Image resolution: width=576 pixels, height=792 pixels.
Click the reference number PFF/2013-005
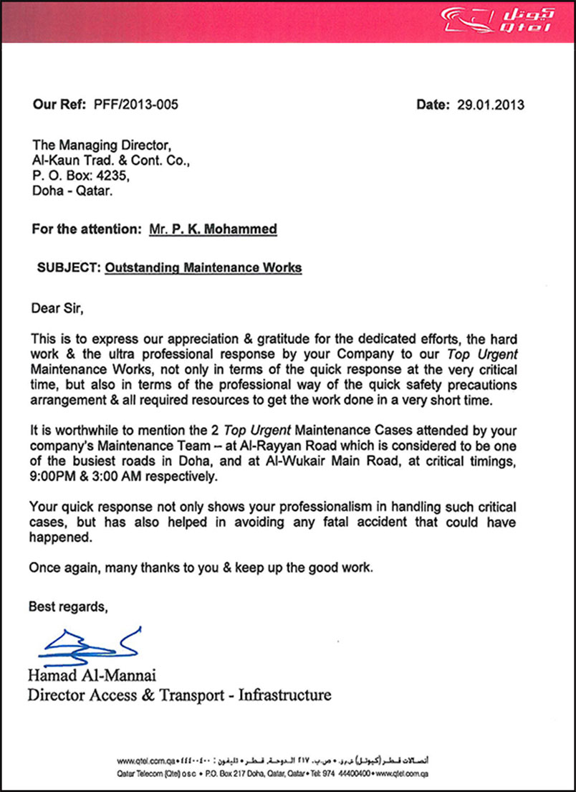(135, 105)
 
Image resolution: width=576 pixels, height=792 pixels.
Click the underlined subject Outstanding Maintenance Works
(203, 268)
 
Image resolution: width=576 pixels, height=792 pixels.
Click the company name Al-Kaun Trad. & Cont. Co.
(112, 163)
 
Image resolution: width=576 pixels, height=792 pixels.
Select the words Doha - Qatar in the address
(72, 192)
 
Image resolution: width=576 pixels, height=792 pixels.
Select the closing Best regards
(69, 608)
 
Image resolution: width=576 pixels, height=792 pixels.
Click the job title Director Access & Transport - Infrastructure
(179, 695)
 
